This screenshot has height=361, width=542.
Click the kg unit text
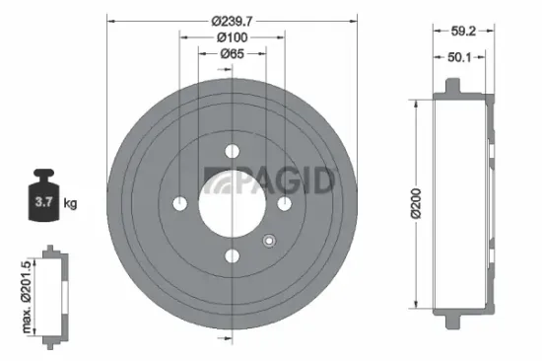tap(70, 204)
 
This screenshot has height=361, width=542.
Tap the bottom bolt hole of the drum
tap(233, 256)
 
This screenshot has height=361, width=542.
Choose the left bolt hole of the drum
tap(179, 203)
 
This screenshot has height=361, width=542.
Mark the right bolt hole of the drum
tap(285, 203)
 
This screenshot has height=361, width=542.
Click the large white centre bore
tap(232, 203)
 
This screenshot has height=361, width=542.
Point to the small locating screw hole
tap(268, 239)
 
